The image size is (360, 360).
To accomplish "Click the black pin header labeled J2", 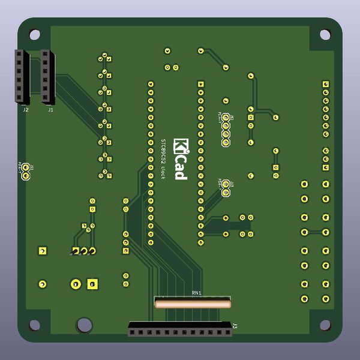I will (x=22, y=77).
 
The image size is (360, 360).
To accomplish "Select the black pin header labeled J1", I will (x=47, y=77).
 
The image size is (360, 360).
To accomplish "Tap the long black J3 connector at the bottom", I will (x=180, y=330).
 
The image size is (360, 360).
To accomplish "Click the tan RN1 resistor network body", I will (x=192, y=304).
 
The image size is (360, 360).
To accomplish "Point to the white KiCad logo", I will (x=181, y=158).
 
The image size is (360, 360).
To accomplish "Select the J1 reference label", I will (x=50, y=110).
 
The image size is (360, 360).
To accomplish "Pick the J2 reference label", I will (x=25, y=110).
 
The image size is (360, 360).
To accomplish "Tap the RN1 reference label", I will (x=196, y=292).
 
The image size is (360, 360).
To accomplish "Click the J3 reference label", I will (x=235, y=326).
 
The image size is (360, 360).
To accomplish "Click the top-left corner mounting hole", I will (x=35, y=34).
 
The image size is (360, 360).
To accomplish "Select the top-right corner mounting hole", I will (x=325, y=34).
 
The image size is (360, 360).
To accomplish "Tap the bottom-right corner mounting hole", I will (x=325, y=325).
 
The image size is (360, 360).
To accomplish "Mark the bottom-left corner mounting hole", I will (x=35, y=325).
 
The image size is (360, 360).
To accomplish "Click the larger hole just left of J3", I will (x=85, y=325).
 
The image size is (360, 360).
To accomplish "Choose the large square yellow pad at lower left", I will (x=92, y=283).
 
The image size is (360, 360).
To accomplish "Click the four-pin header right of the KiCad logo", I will (x=226, y=130).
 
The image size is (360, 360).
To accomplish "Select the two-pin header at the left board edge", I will (x=26, y=172).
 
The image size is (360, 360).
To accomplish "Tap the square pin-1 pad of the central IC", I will (x=201, y=84).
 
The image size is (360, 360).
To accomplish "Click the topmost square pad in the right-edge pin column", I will (x=325, y=84).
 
